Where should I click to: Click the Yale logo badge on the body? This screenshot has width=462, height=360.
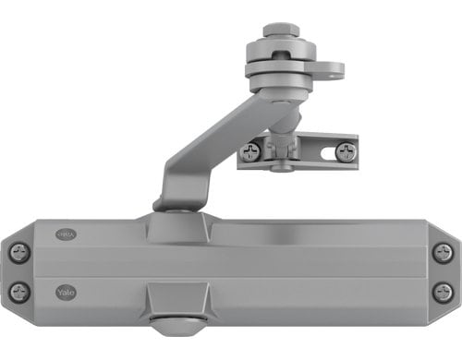(x=66, y=292)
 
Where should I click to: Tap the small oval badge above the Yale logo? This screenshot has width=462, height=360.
(x=66, y=235)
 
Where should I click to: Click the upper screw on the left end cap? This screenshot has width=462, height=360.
(x=19, y=252)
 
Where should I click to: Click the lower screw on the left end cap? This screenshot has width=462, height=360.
(x=19, y=292)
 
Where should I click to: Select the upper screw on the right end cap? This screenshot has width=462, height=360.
(x=443, y=252)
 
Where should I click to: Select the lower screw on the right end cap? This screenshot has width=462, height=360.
(x=443, y=292)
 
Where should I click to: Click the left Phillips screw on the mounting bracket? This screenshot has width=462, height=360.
(x=249, y=151)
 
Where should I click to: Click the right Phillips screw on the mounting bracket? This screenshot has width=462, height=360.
(x=345, y=151)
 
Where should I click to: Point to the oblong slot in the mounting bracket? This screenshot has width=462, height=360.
(x=314, y=150)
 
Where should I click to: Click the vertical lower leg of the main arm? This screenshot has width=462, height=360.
(x=173, y=189)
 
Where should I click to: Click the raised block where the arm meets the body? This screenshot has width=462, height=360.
(x=177, y=227)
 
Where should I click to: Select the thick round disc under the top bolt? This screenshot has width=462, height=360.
(x=279, y=68)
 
